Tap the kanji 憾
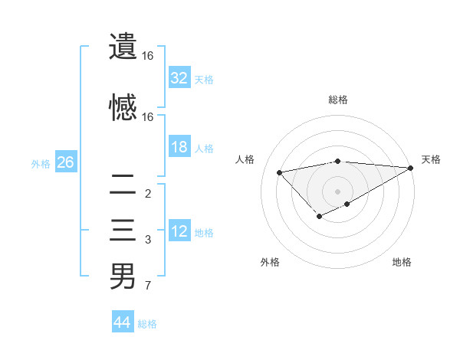click(123, 106)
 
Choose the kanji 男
click(123, 276)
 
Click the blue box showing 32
click(179, 77)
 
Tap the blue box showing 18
click(179, 147)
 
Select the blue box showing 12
click(179, 231)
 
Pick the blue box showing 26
click(65, 162)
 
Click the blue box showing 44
click(122, 322)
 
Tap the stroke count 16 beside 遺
click(148, 56)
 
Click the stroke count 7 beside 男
click(147, 286)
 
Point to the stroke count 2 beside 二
click(147, 194)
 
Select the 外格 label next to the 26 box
click(41, 164)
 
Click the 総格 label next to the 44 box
click(147, 324)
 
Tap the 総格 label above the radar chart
click(337, 100)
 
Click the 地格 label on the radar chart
click(402, 263)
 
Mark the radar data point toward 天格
click(412, 168)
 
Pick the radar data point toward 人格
click(279, 172)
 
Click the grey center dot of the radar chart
click(337, 191)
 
